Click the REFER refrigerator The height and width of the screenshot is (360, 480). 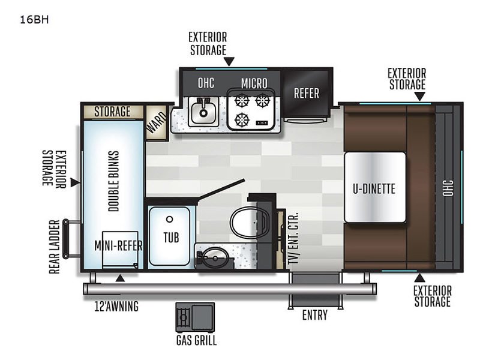[306, 94]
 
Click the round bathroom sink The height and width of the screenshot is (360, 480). [211, 259]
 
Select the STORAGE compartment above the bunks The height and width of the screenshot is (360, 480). [112, 112]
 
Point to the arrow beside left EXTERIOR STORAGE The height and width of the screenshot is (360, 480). [74, 182]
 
